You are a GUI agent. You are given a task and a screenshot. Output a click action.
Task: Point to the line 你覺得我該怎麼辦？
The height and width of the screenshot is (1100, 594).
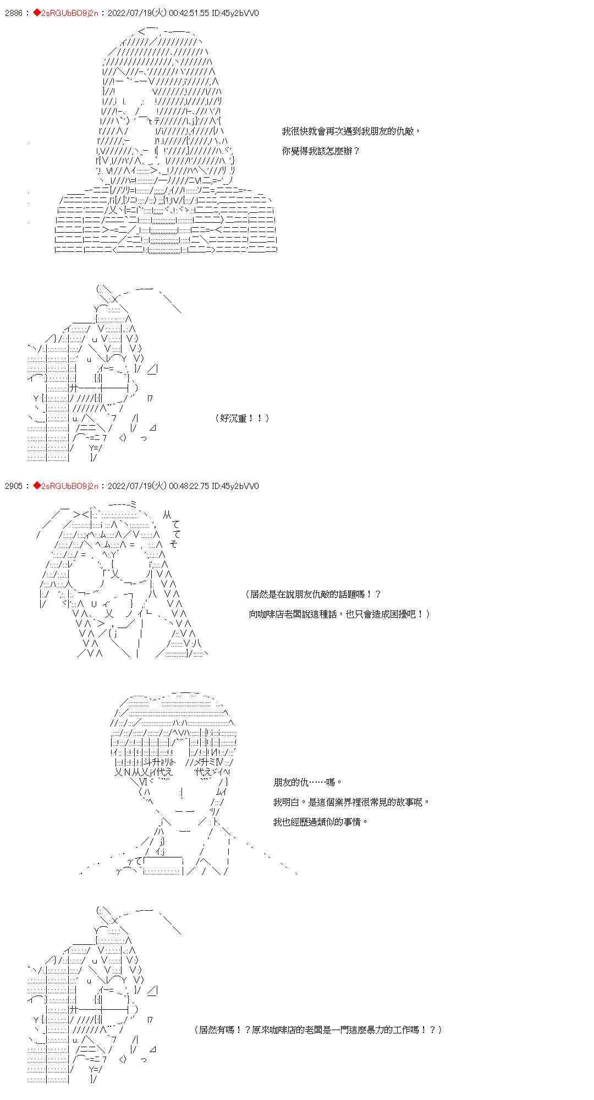[321, 151]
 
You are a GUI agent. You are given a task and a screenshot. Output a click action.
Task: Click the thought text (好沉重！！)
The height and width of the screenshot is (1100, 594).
[242, 419]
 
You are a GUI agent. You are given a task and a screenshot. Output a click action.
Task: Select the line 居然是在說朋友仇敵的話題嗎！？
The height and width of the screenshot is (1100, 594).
[313, 594]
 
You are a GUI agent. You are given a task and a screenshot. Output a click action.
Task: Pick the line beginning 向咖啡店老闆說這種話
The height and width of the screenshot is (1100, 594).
[339, 614]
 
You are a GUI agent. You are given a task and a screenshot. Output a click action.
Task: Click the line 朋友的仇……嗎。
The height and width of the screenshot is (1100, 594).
[308, 782]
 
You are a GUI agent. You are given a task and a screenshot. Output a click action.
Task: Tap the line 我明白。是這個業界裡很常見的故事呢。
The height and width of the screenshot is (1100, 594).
[351, 802]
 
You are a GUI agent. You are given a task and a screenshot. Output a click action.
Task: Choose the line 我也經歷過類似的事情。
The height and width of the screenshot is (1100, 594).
[321, 822]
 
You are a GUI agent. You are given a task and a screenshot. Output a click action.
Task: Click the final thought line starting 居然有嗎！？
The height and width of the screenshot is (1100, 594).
[318, 1030]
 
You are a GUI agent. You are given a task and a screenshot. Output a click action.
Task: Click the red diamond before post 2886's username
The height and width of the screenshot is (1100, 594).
[37, 13]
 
